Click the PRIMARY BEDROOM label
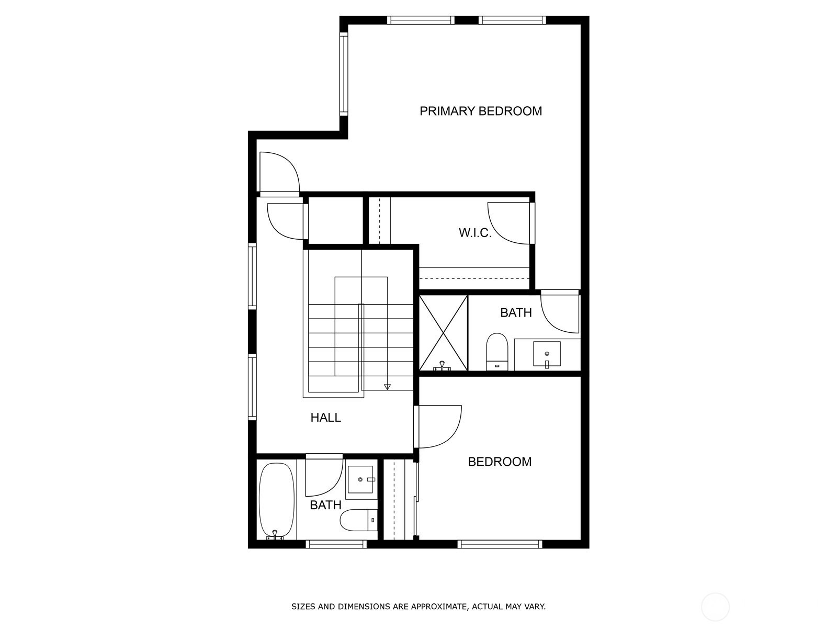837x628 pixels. (x=480, y=111)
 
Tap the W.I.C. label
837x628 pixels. (x=475, y=232)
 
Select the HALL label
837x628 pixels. (x=326, y=418)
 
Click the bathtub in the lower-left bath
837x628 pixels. (x=277, y=501)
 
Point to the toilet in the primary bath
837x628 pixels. (x=497, y=352)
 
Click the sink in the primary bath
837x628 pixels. (x=547, y=354)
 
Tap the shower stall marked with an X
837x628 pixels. (x=444, y=332)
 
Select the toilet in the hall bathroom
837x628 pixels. (x=358, y=520)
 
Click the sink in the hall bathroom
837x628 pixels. (x=360, y=479)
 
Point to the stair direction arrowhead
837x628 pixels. (x=387, y=387)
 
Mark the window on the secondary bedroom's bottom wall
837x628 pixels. (x=500, y=544)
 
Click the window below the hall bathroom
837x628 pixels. (x=336, y=544)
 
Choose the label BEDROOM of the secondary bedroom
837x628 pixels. (x=500, y=462)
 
